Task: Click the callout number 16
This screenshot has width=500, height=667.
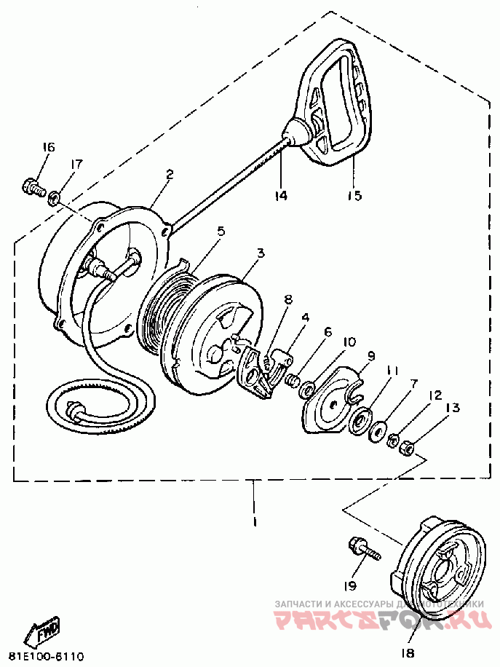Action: [x=47, y=147]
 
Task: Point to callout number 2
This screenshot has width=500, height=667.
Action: [x=169, y=174]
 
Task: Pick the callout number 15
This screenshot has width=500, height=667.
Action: [x=354, y=195]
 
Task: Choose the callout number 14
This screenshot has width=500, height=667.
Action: [x=281, y=195]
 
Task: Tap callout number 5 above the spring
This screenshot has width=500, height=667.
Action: [x=221, y=232]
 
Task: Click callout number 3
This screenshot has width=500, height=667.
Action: [x=261, y=253]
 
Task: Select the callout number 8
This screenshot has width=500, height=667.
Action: [x=287, y=299]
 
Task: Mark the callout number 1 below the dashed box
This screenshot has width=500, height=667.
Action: [x=255, y=521]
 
